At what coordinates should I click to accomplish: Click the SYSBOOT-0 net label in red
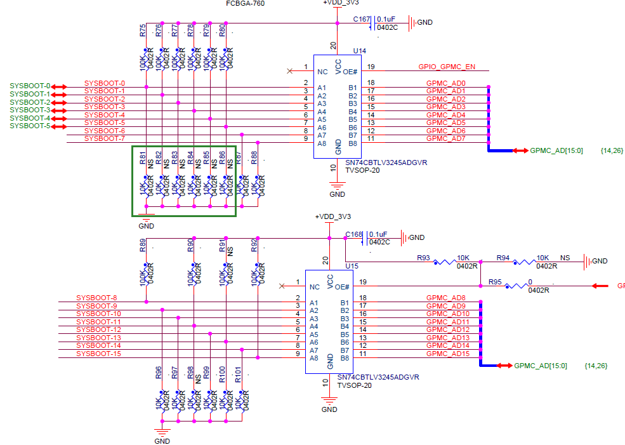105,83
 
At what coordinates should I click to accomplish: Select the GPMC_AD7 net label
446,138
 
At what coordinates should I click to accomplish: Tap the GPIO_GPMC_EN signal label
446,67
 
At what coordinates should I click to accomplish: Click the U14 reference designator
360,51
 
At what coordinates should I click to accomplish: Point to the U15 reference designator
352,266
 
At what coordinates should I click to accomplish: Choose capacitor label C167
361,20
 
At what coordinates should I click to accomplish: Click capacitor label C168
354,234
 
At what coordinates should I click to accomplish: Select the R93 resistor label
424,258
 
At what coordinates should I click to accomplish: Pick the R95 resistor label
495,282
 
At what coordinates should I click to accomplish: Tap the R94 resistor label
503,258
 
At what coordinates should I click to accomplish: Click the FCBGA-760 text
245,4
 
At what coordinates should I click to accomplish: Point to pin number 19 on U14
371,67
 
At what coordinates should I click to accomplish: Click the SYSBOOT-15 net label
98,354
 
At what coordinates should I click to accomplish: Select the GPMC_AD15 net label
448,354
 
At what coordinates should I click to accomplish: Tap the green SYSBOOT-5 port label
30,126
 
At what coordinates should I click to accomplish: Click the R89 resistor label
142,246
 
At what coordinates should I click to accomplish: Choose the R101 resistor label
238,375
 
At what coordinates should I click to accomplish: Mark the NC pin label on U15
314,287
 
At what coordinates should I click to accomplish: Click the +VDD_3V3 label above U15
332,217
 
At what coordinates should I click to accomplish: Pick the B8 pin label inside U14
353,143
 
